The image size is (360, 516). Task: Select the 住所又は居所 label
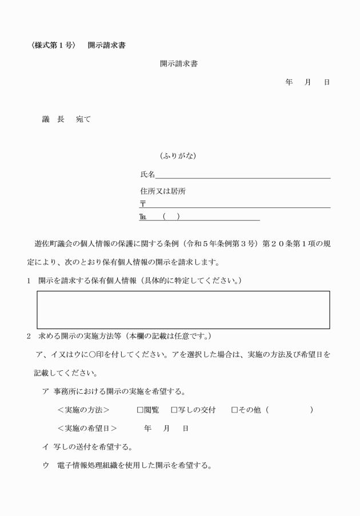163,191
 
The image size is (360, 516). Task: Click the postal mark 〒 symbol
142,204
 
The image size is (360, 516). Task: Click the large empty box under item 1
183,310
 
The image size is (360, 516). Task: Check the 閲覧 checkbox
139,410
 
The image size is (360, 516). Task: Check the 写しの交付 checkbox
174,410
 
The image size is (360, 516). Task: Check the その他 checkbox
234,410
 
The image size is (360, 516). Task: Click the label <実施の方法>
83,410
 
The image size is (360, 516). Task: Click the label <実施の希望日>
87,428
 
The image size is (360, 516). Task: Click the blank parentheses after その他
289,410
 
